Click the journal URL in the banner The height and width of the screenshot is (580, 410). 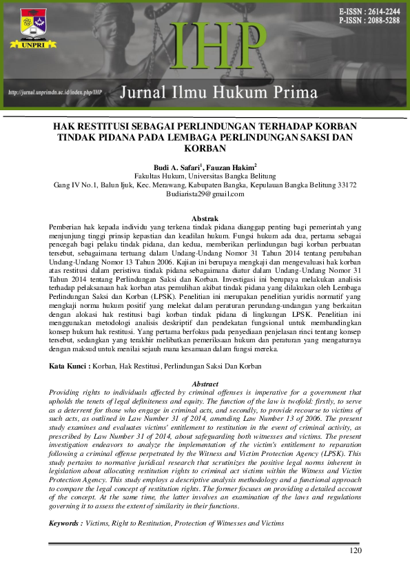pos(54,92)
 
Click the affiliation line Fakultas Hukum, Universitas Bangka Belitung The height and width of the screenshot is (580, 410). pos(205,176)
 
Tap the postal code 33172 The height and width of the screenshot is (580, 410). pos(342,185)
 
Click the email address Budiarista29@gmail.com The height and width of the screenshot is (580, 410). pos(205,194)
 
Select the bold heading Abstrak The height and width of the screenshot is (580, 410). pos(205,218)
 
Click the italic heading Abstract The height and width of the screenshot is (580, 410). pos(205,384)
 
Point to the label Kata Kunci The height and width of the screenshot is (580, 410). pos(67,366)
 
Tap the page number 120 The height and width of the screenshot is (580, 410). pos(356,550)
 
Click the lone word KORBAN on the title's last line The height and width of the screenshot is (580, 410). pos(205,149)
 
